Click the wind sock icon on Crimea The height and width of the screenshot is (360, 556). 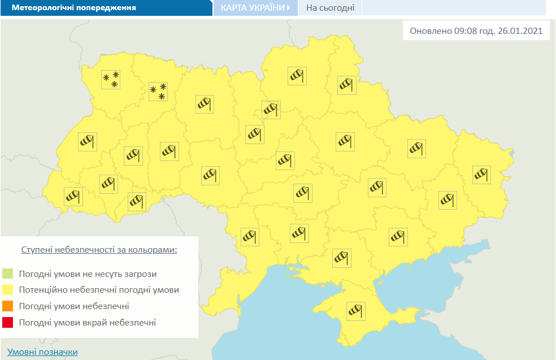click(356, 311)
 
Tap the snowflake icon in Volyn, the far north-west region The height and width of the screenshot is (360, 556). click(111, 80)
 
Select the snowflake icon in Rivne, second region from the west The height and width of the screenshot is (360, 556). click(158, 91)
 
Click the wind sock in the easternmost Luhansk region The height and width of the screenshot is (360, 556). click(481, 175)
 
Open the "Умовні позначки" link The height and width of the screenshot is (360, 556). click(42, 352)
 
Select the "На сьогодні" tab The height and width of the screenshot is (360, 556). click(331, 8)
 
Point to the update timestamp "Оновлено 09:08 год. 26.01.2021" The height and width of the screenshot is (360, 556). click(476, 31)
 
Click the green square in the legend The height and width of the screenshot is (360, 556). click(8, 274)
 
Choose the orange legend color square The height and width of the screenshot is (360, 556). click(8, 306)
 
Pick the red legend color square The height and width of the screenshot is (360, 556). click(8, 323)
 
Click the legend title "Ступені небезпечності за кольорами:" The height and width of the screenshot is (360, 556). click(99, 249)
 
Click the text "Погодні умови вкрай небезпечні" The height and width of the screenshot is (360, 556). click(87, 323)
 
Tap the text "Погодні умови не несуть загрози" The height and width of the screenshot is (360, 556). click(88, 274)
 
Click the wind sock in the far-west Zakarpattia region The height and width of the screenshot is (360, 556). click(73, 196)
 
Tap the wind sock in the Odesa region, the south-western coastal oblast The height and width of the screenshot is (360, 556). click(249, 236)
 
